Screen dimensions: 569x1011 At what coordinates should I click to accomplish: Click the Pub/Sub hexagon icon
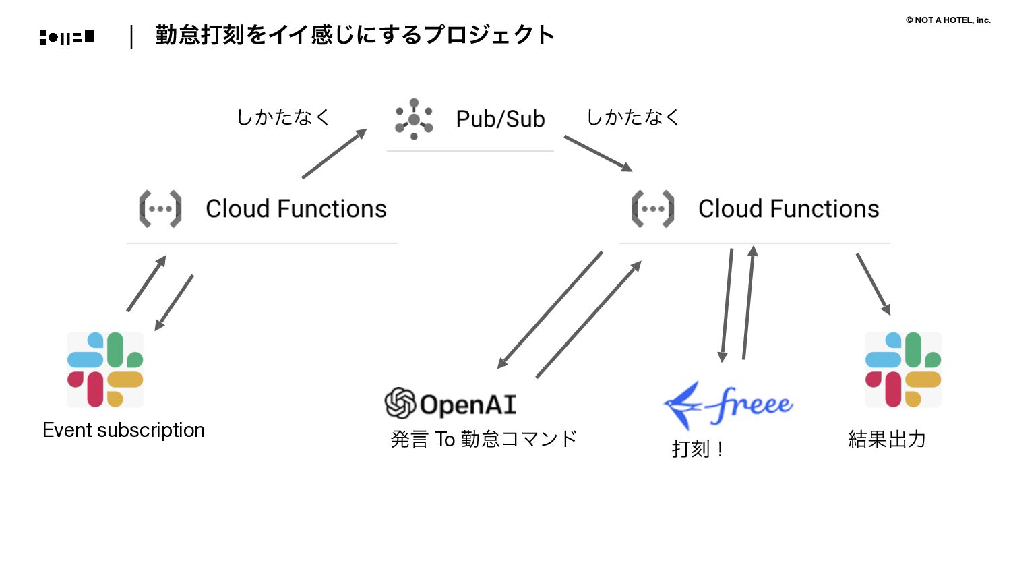414,119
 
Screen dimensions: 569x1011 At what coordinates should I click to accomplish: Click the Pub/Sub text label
500,119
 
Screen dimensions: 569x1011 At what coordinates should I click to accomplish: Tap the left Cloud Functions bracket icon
160,209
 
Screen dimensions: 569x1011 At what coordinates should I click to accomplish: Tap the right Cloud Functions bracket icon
652,209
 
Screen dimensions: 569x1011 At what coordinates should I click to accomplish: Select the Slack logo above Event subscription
105,369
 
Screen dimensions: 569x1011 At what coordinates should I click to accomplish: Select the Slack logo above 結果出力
903,369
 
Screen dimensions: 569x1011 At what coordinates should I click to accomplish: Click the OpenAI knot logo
400,403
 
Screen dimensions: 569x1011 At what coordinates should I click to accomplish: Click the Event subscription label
123,430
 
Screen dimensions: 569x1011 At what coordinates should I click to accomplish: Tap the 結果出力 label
887,440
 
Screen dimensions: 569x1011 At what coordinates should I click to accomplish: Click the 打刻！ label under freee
698,449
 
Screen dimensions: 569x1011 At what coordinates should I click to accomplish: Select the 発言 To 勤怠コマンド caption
484,439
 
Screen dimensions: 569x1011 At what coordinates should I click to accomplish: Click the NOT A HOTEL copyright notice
948,20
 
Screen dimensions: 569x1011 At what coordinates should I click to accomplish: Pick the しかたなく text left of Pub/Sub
283,117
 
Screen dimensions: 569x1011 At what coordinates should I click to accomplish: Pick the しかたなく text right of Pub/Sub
633,117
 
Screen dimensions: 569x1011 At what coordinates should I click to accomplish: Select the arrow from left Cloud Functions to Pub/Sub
334,154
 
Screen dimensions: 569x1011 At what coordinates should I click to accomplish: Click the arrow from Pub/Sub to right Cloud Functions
598,153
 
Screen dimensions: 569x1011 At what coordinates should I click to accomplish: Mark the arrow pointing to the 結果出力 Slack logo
874,284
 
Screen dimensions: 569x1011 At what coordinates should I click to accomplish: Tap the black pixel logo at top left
67,37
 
